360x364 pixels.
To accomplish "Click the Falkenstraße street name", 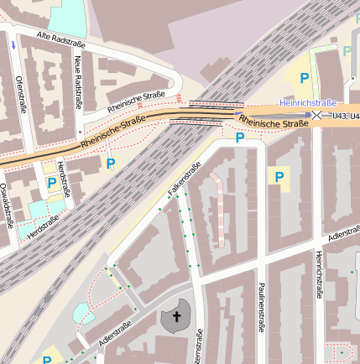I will click(x=184, y=179).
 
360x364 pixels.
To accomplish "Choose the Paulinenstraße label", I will click(x=261, y=307).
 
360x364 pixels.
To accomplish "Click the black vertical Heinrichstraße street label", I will click(x=320, y=273).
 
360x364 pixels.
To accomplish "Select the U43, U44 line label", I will click(x=345, y=117).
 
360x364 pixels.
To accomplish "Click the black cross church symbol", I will click(x=176, y=316).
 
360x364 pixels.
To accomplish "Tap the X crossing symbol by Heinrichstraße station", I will click(x=317, y=115).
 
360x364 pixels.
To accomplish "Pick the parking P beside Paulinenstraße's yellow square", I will click(x=277, y=176).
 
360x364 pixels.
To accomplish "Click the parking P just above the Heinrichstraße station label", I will click(x=305, y=77).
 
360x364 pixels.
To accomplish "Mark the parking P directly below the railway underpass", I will click(x=240, y=138).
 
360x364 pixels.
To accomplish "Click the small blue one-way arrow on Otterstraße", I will click(x=13, y=44).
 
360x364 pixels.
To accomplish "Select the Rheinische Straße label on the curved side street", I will click(x=137, y=104).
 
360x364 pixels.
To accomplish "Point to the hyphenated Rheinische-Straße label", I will click(x=115, y=134).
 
